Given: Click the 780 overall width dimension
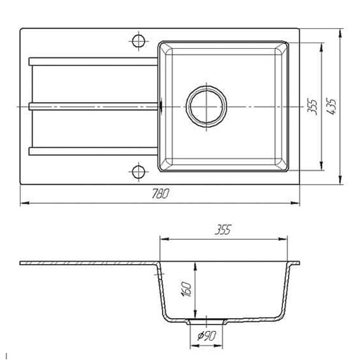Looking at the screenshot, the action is pyautogui.click(x=160, y=194).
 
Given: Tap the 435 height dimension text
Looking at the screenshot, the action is pyautogui.click(x=333, y=107).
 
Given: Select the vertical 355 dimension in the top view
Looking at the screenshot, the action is pyautogui.click(x=312, y=107).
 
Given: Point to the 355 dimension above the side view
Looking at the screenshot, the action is pyautogui.click(x=223, y=230).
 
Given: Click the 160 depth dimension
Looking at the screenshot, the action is pyautogui.click(x=187, y=289).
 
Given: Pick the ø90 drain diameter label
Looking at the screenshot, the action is pyautogui.click(x=207, y=336).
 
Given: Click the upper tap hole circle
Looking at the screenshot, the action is pyautogui.click(x=138, y=41).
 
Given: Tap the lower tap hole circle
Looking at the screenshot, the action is pyautogui.click(x=138, y=172).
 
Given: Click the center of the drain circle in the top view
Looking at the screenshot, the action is pyautogui.click(x=207, y=107).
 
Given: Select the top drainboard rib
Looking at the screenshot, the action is pyautogui.click(x=93, y=61).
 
